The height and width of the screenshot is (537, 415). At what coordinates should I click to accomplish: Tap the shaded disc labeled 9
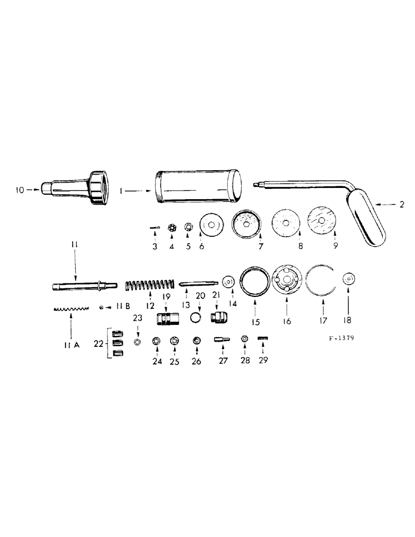click(321, 221)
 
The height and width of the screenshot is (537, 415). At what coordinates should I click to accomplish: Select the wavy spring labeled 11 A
click(71, 309)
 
